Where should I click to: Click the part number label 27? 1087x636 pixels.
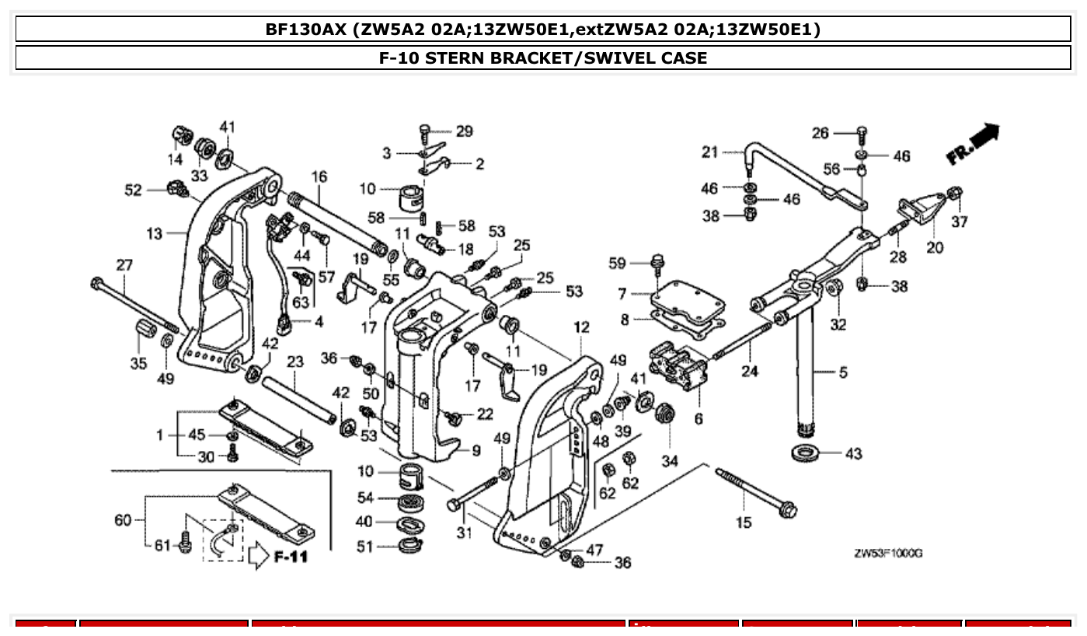pos(124,264)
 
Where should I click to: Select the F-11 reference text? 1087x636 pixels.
pos(291,557)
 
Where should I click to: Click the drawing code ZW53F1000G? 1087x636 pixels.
pos(888,554)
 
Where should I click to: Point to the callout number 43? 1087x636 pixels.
pos(853,453)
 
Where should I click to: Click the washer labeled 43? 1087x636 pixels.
pos(806,453)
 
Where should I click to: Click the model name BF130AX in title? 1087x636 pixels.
pos(305,30)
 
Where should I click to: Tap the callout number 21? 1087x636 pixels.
pos(710,152)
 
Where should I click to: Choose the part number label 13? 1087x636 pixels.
pos(154,233)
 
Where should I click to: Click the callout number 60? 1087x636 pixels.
pos(123,520)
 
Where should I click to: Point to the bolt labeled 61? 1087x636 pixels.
pos(185,545)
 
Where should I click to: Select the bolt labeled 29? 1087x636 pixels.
pos(424,130)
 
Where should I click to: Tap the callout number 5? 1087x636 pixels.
pos(842,372)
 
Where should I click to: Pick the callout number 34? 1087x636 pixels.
pos(669,461)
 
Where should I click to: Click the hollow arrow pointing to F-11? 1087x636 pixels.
pos(257,557)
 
